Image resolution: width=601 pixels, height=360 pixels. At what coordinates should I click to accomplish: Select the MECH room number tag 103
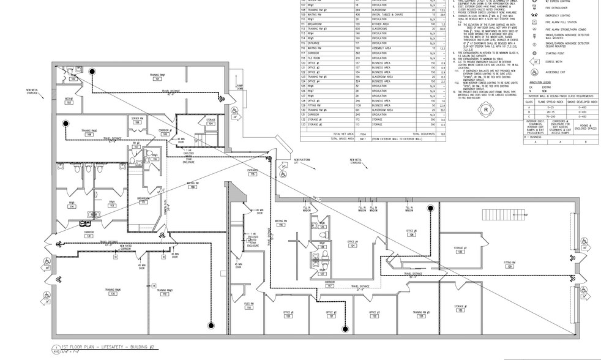pyautogui.click(x=69, y=102)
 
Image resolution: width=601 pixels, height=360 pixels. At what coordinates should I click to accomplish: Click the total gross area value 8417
pyautogui.click(x=361, y=139)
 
